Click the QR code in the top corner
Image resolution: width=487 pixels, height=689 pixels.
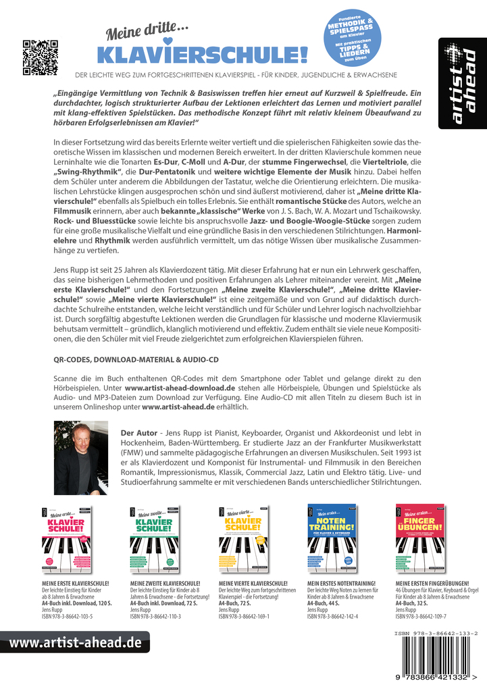(x=41, y=57)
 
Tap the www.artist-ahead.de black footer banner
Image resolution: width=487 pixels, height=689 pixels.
(x=74, y=642)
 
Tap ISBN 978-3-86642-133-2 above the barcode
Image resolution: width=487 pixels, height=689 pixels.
(x=437, y=634)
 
